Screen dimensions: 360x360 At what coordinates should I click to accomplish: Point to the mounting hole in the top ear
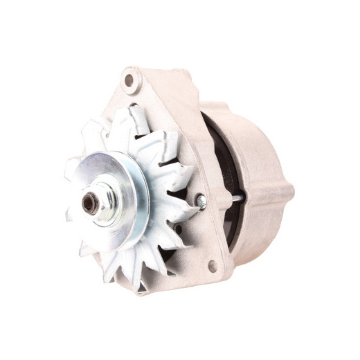coord(129,80)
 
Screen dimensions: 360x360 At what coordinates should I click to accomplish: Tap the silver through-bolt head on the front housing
coord(200,201)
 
